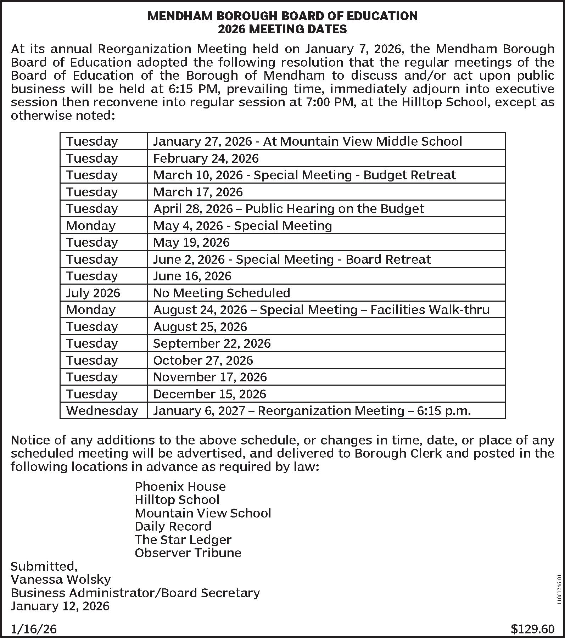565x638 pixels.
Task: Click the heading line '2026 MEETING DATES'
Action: pyautogui.click(x=282, y=29)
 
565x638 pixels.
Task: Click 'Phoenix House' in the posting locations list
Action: pyautogui.click(x=180, y=487)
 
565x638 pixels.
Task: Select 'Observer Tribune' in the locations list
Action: pyautogui.click(x=188, y=553)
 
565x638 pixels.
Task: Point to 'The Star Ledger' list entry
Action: pyautogui.click(x=183, y=540)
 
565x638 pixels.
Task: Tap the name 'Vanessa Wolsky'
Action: pyautogui.click(x=61, y=580)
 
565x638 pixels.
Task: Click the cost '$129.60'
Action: pyautogui.click(x=532, y=629)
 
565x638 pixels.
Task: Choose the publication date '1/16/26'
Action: pyautogui.click(x=34, y=629)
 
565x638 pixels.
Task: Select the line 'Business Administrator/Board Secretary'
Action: pyautogui.click(x=135, y=593)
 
